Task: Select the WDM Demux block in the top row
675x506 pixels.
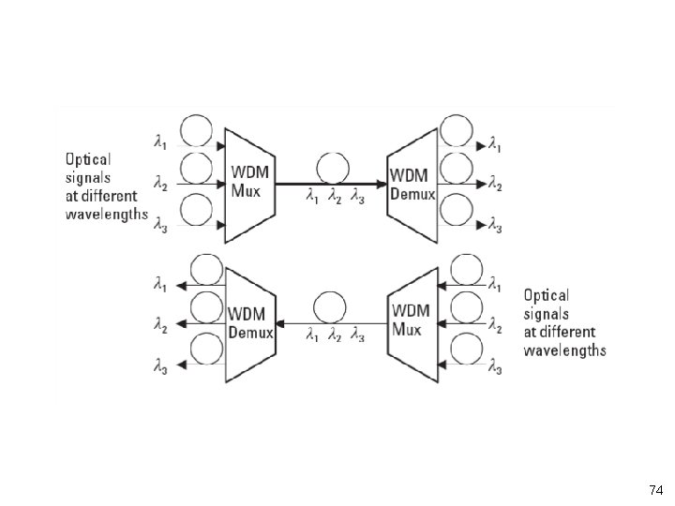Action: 412,183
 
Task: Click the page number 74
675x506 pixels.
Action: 655,490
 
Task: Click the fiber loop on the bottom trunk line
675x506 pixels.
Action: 330,307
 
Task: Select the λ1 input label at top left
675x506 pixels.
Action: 161,141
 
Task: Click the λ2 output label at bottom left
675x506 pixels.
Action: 161,325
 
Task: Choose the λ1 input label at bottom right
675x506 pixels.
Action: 495,283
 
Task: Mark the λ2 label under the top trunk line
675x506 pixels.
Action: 334,198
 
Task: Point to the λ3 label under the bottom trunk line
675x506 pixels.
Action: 357,335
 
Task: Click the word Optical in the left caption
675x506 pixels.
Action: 88,159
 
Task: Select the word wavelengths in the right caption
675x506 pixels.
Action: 565,351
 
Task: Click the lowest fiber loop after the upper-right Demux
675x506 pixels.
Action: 457,207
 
